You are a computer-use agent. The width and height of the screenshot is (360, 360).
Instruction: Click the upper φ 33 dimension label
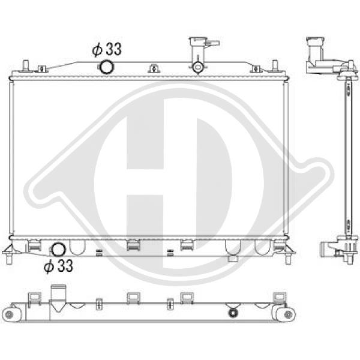coord(107,50)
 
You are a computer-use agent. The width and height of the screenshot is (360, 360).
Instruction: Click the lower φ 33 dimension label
coord(58,266)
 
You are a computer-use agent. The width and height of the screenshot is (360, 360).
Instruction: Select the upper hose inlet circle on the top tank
coord(107,67)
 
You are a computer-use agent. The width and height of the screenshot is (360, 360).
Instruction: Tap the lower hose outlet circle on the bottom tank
coord(58,250)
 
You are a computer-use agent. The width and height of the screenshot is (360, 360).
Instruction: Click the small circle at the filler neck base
coord(197,67)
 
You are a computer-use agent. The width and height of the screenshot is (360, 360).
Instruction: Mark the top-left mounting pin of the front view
coord(25,65)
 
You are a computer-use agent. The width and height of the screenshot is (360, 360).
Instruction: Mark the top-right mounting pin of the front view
coord(275,65)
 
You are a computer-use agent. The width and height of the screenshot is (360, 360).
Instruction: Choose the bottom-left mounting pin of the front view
coord(9,259)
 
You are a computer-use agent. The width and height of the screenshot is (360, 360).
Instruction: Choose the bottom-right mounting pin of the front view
coord(288,259)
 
